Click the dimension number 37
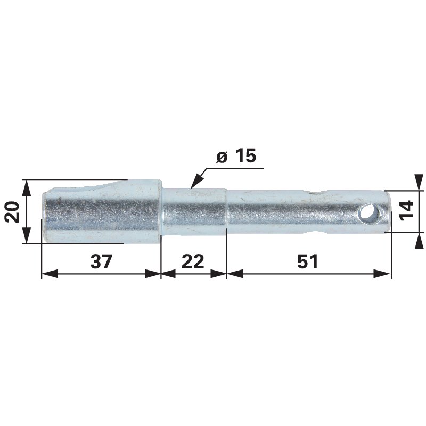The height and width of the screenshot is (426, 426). pos(101,261)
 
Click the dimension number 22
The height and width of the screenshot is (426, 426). pos(193,261)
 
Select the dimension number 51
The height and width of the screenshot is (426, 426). pos(308,261)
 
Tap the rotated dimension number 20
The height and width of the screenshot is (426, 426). pos(13,212)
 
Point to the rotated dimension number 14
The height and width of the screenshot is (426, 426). pos(407,209)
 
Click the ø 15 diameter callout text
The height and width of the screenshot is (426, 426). pos(236,156)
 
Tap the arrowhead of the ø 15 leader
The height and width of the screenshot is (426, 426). pos(197,181)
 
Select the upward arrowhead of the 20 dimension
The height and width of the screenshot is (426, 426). pos(26,187)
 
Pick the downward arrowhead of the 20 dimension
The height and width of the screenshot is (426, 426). pos(26,235)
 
